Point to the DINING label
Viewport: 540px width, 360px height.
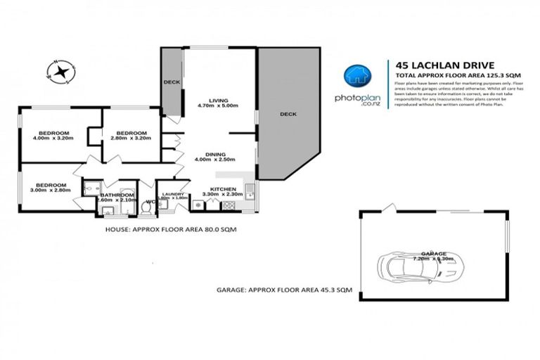coord(215,154)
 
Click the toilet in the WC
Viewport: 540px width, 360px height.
coord(146,208)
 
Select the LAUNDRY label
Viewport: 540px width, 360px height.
coord(173,194)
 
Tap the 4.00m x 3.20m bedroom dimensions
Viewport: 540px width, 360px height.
coord(53,139)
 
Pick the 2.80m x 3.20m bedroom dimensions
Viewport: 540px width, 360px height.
coord(131,139)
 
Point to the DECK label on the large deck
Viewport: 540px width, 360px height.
coord(288,114)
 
